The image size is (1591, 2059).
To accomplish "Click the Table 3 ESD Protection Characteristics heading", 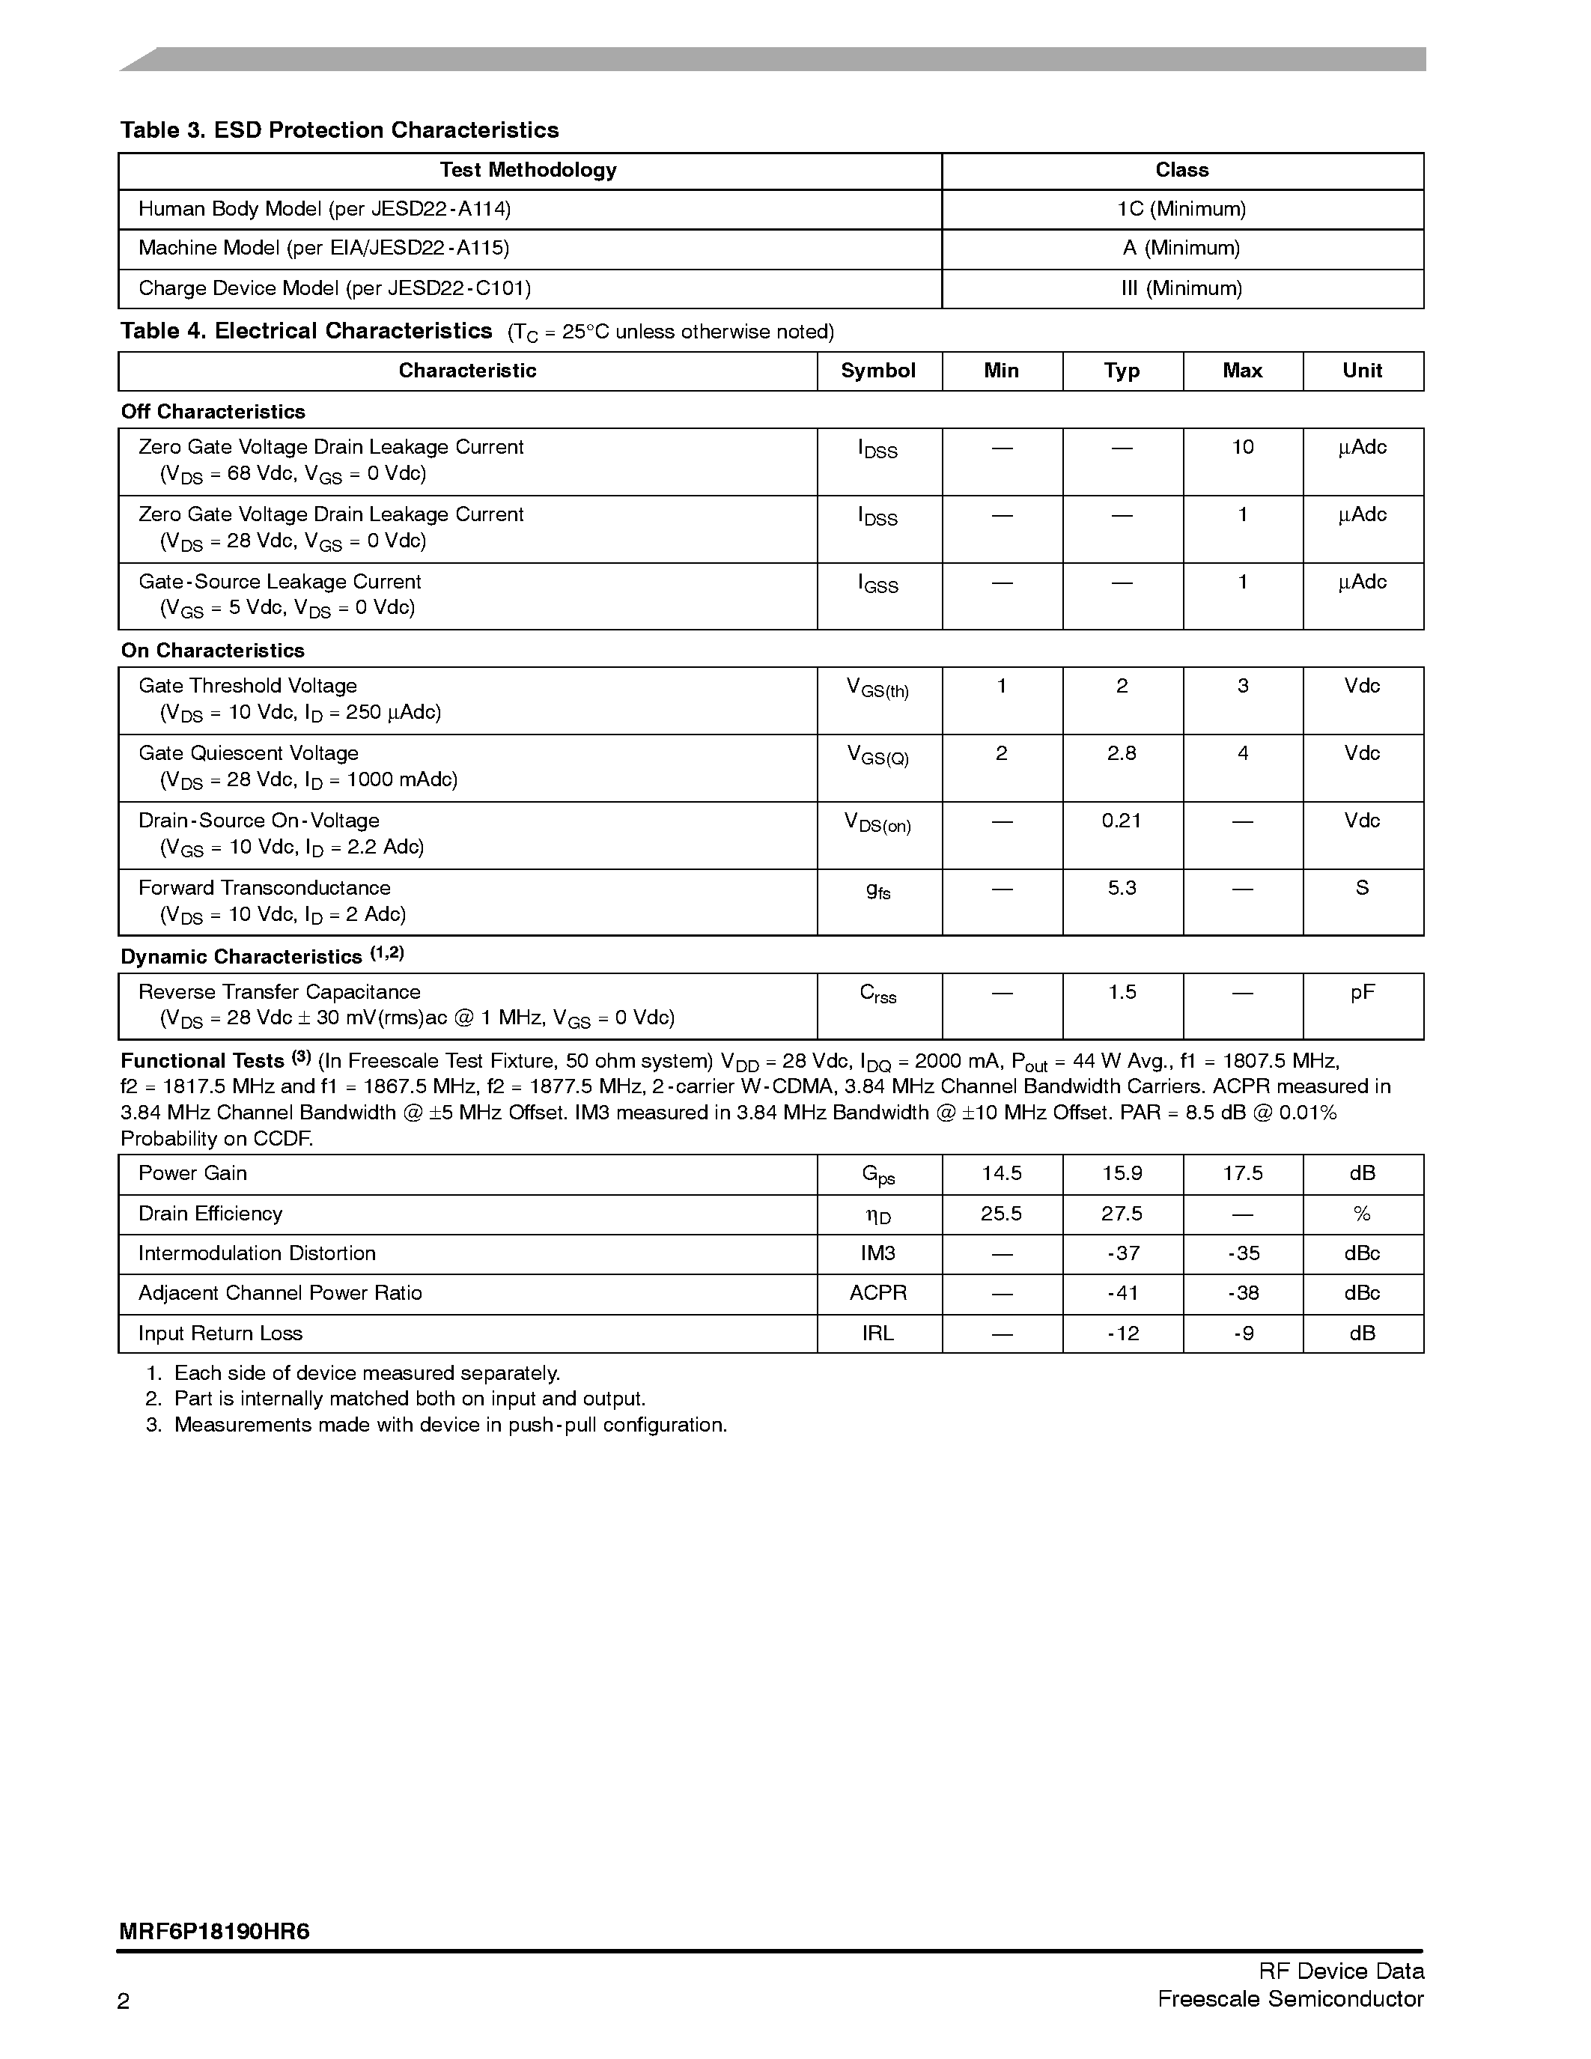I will (x=339, y=130).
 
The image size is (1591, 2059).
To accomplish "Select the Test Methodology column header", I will (x=528, y=171).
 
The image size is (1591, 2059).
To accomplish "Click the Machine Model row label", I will (x=323, y=249).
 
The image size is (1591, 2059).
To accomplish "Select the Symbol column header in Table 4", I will (x=877, y=371).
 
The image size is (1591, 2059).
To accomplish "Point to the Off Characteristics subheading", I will (x=213, y=412).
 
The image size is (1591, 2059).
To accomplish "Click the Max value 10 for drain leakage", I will (x=1242, y=448).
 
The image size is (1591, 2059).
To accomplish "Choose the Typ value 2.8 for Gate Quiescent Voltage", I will (x=1122, y=754).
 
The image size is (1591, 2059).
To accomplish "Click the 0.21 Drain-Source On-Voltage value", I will (x=1122, y=821).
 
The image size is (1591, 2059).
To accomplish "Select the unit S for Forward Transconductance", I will (x=1362, y=888).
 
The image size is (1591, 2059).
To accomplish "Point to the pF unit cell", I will (x=1362, y=993).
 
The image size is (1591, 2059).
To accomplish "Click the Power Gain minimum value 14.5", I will (x=1001, y=1174).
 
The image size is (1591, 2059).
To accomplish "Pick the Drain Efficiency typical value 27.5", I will (x=1122, y=1214).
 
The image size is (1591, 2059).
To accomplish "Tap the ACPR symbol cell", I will (x=877, y=1294).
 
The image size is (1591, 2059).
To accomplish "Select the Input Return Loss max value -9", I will (x=1242, y=1334).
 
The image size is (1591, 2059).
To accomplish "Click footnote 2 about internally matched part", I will (x=409, y=1399).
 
